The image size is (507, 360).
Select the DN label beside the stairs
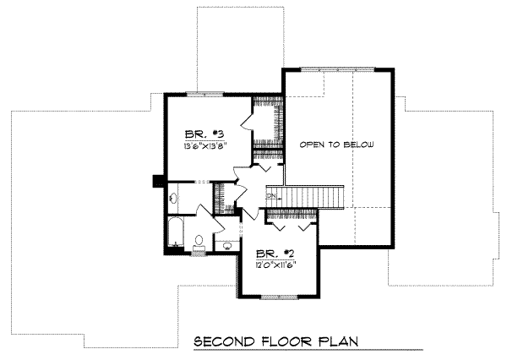coord(271,196)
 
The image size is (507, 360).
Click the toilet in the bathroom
coord(199,243)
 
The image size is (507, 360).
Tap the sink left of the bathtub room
coord(172,198)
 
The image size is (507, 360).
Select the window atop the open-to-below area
coord(337,68)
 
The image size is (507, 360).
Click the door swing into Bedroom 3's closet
coord(246,123)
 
